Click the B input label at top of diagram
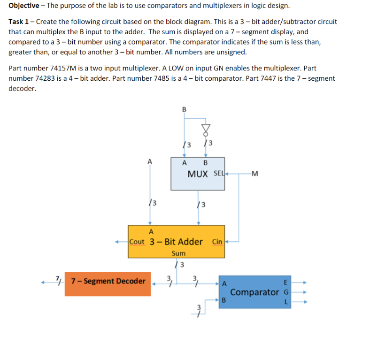pos(184,109)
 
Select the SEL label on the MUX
pos(218,174)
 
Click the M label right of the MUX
pos(255,174)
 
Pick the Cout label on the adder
pos(137,242)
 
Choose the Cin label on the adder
pos(217,242)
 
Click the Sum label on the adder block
pos(178,253)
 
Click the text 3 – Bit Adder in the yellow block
pos(176,242)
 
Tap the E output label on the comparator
pos(286,283)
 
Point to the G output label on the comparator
pos(286,292)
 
